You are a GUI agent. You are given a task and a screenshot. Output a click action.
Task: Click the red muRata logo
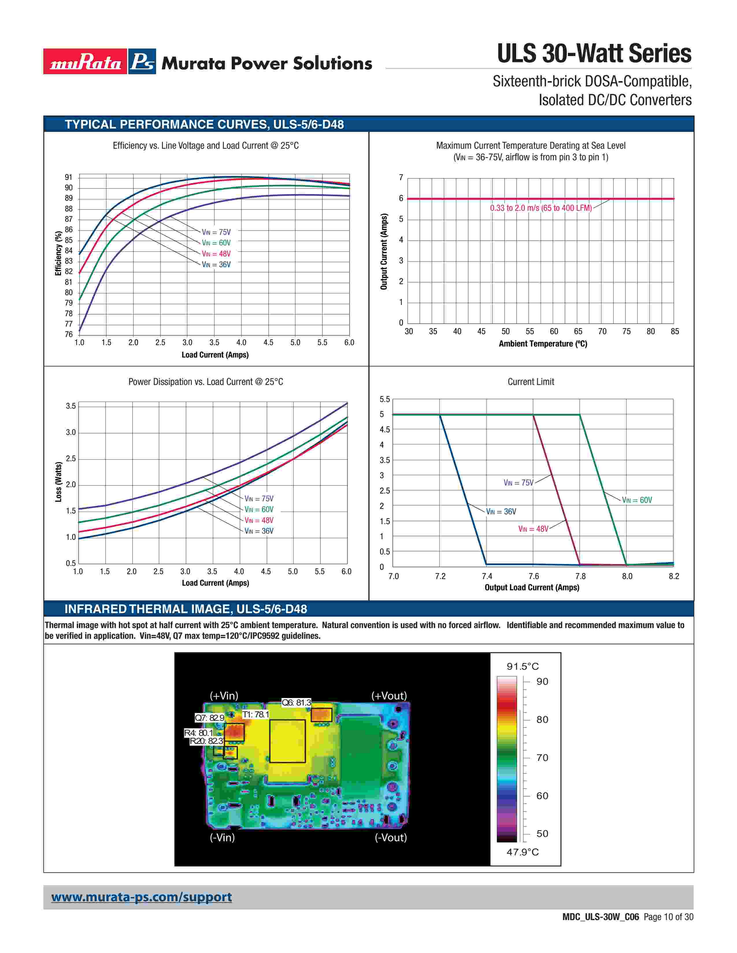coord(85,62)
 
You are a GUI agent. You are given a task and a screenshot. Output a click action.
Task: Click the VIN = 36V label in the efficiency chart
coord(216,265)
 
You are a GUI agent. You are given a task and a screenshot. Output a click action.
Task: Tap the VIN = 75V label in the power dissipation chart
coord(259,498)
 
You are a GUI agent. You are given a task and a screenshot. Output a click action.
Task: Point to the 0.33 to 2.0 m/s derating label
coord(540,208)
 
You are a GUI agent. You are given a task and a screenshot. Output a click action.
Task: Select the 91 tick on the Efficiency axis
coord(68,177)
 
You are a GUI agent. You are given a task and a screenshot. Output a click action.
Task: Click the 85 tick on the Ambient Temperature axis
coord(675,331)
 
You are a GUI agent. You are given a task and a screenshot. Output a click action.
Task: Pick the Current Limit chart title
coord(530,382)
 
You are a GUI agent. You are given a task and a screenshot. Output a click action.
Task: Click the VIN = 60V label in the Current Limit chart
coord(637,500)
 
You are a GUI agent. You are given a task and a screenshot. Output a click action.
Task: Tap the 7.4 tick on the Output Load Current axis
coord(487,576)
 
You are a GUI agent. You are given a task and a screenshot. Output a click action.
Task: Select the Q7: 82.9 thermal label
coord(210,718)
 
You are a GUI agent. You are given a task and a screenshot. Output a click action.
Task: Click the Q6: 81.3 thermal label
coord(296,703)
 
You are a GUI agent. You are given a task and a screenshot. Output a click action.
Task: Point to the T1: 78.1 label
coord(256,714)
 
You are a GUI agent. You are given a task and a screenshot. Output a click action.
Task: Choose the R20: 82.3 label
coord(207,741)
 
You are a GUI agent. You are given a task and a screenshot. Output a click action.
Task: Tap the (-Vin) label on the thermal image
coord(222,837)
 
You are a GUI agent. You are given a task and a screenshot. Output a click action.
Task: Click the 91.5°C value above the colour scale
coord(523,666)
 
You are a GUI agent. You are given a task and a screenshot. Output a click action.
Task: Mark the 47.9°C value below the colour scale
coord(523,852)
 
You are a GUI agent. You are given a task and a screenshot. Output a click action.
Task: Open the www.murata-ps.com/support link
coord(141,897)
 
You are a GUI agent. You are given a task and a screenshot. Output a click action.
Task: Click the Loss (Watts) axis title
coord(58,482)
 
